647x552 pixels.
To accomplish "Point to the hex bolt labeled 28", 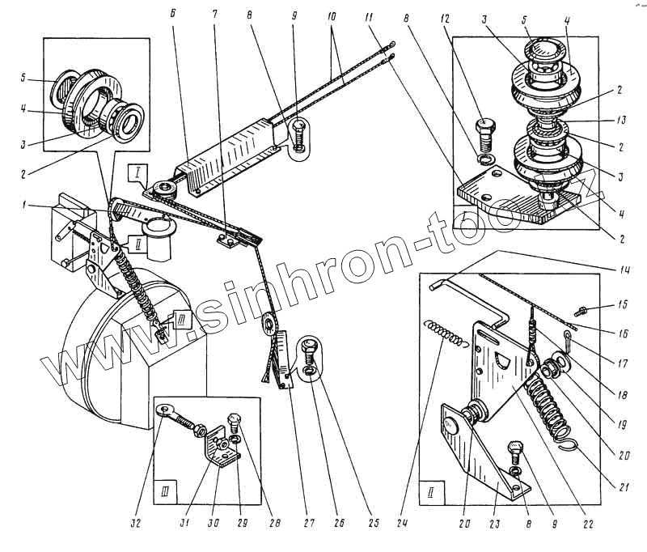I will coord(234,421).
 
